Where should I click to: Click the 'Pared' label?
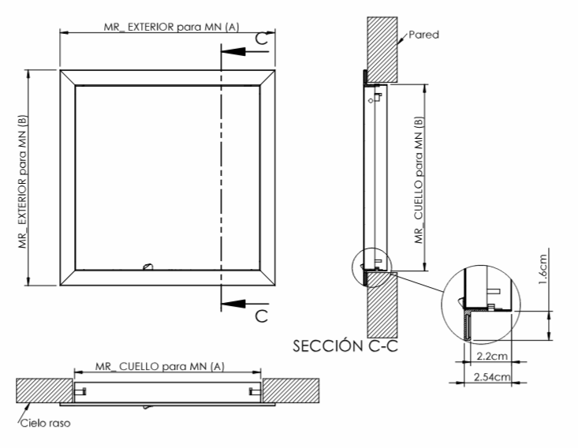[424, 35]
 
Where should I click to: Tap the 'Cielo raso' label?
[45, 423]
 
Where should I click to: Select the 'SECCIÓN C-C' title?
[345, 345]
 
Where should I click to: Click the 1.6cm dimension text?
[543, 270]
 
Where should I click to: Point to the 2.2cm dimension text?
[492, 357]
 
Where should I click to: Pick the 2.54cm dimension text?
[492, 377]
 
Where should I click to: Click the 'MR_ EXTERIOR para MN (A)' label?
[171, 27]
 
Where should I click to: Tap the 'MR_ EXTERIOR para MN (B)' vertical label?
[23, 181]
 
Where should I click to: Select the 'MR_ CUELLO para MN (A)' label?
[159, 367]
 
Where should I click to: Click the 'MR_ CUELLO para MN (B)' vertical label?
[419, 180]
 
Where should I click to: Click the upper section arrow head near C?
[233, 51]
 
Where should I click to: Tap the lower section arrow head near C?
[233, 304]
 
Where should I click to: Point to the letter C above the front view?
[261, 38]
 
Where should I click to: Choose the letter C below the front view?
[261, 316]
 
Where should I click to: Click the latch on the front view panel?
[147, 266]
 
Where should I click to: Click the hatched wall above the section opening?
[382, 50]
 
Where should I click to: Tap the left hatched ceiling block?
[44, 390]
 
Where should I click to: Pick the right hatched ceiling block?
[290, 390]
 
